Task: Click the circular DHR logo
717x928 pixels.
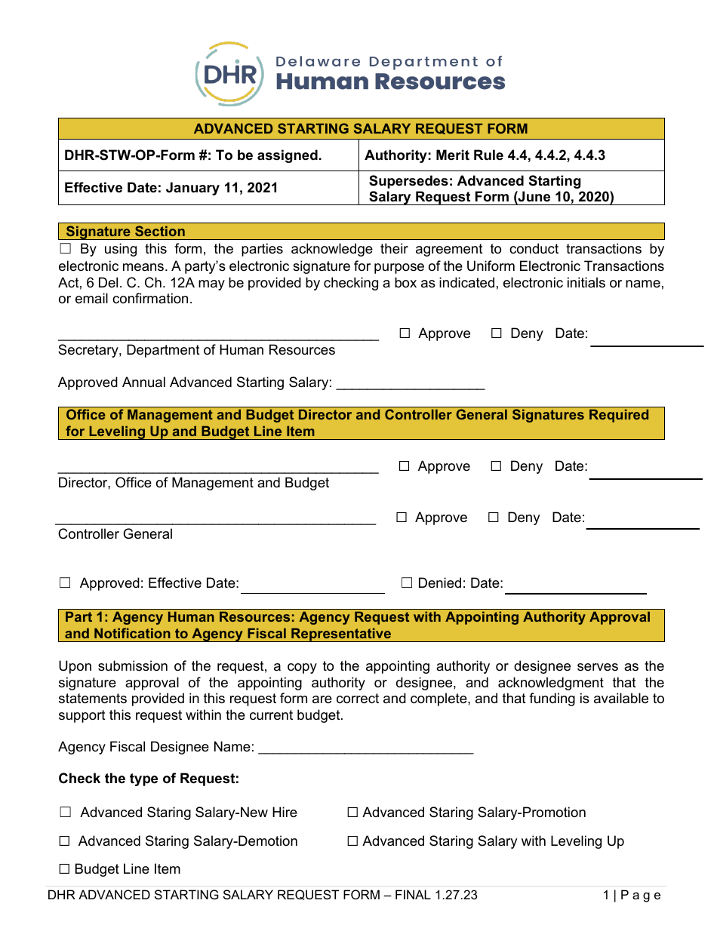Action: point(229,75)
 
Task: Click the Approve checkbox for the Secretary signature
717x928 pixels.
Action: point(405,333)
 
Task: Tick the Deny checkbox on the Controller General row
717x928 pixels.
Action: point(493,518)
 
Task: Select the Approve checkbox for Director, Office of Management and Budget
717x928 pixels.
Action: point(405,466)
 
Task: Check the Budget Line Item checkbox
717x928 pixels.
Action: point(64,869)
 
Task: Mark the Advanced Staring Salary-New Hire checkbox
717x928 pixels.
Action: point(66,813)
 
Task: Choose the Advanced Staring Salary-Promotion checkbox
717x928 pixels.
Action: point(352,813)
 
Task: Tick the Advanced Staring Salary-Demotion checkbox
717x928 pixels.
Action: point(64,841)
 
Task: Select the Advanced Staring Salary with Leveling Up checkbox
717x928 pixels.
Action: point(352,841)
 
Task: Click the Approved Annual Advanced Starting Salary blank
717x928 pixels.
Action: point(410,384)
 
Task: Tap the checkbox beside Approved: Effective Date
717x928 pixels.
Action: point(65,583)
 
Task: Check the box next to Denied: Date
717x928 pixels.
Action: point(407,583)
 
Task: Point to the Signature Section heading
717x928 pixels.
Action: point(125,232)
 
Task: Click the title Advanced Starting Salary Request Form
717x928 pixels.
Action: point(361,129)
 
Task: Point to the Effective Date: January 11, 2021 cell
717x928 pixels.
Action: point(171,188)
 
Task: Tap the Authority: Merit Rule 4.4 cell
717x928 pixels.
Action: point(485,155)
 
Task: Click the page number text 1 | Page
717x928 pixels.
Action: point(632,896)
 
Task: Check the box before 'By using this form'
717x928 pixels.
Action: point(65,249)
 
